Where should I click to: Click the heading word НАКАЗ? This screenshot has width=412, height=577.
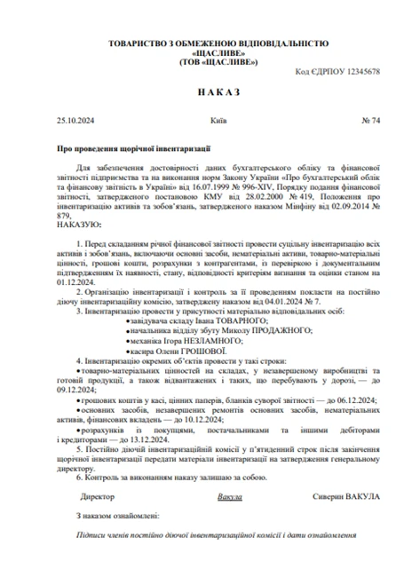205,92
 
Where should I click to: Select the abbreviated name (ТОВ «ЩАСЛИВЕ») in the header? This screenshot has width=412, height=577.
206,61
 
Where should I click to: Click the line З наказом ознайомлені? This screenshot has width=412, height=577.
118,513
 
